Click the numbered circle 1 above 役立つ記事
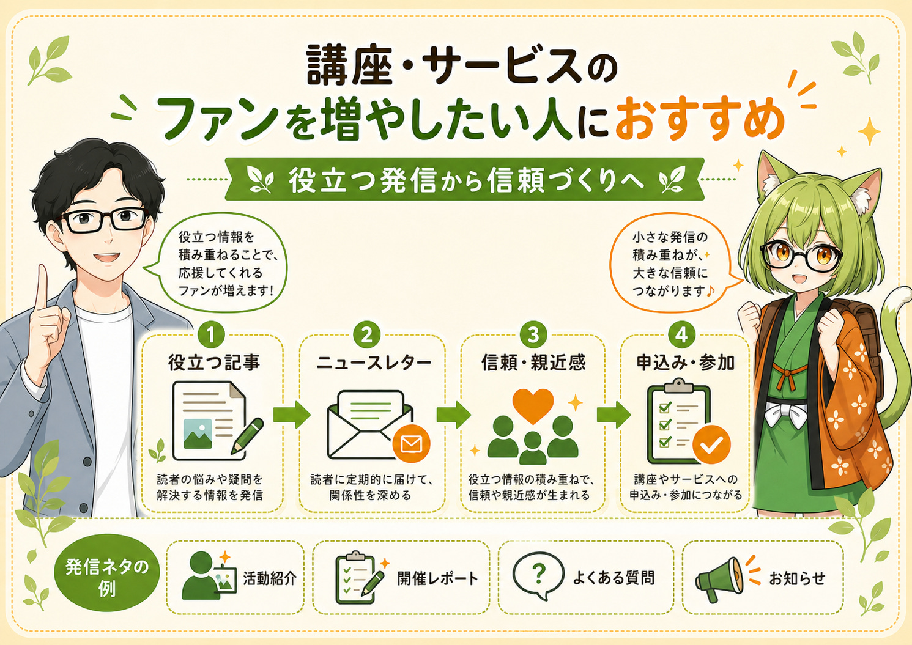211,335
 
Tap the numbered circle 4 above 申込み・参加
681,335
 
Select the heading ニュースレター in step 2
374,363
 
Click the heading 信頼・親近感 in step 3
533,363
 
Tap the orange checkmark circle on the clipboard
711,445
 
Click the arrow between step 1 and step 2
292,415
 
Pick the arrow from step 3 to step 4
614,415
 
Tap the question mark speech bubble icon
538,575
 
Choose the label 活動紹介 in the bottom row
270,578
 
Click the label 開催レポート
438,578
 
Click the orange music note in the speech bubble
711,290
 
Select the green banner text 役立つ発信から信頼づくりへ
466,180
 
